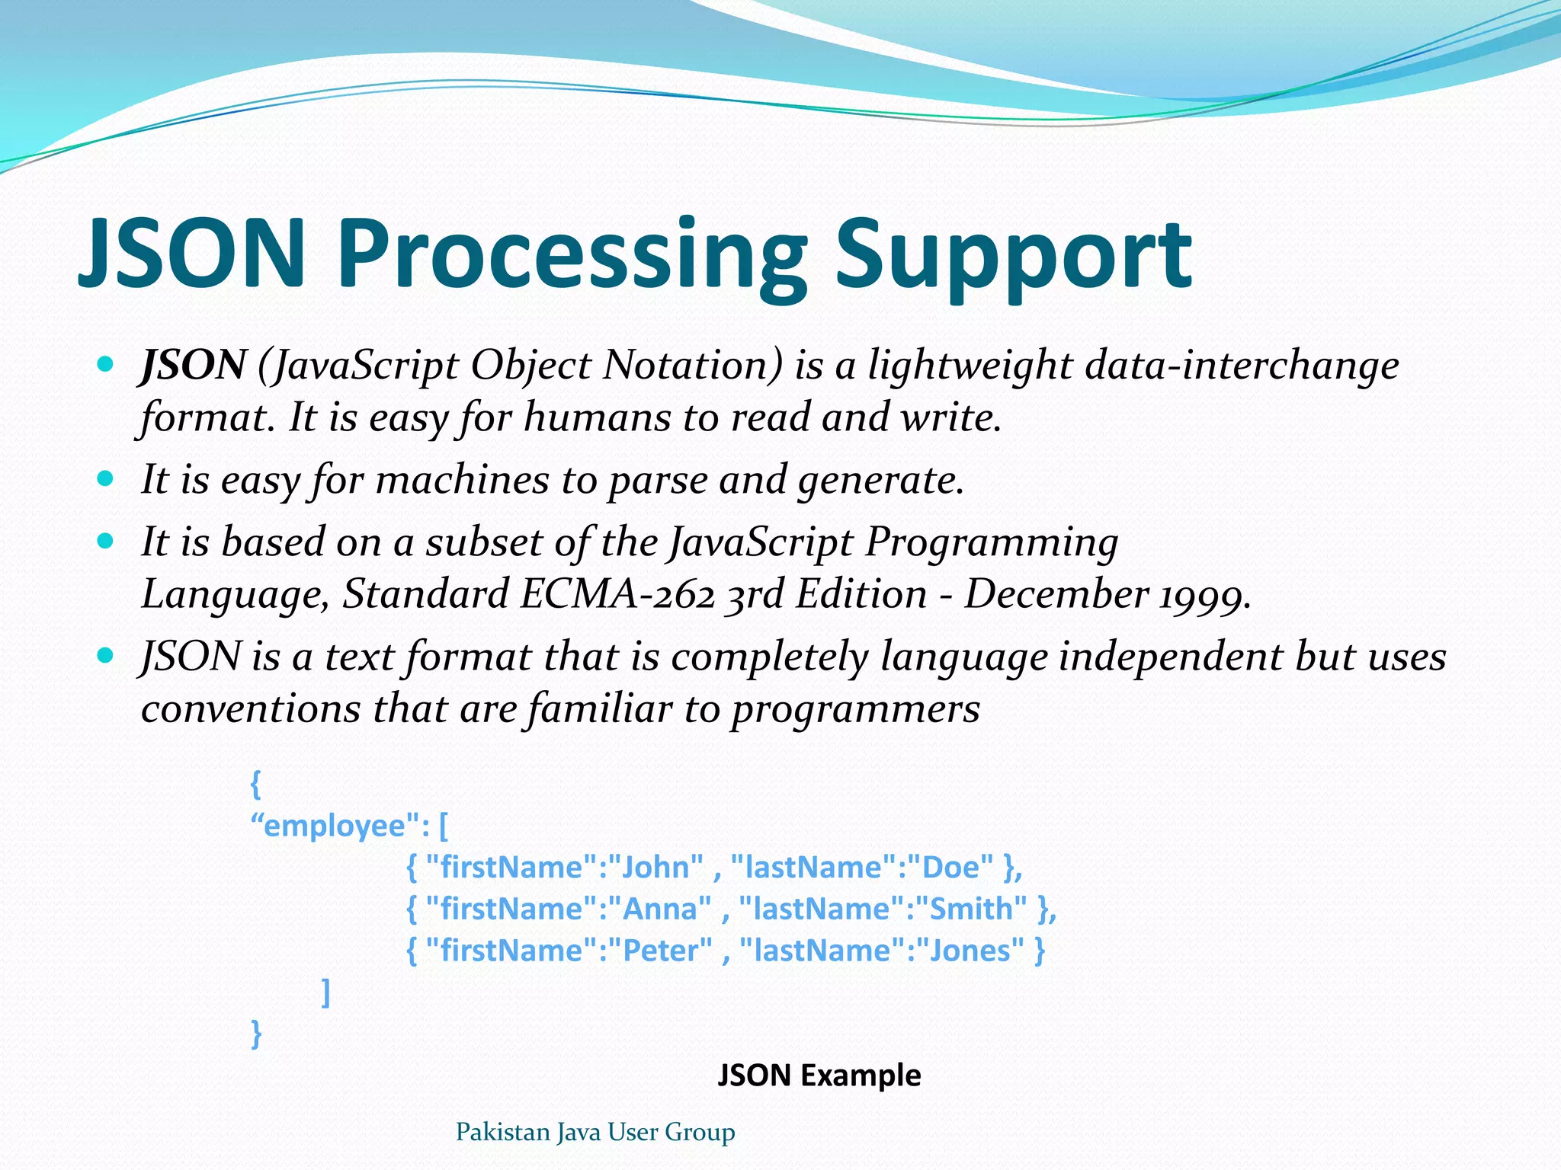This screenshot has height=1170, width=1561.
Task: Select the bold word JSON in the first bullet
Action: coord(194,365)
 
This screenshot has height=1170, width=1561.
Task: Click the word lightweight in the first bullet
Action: coord(970,365)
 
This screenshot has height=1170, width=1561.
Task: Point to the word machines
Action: coord(462,480)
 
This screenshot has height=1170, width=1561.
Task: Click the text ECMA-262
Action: coord(617,594)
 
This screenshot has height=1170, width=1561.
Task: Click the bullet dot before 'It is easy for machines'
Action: coord(106,479)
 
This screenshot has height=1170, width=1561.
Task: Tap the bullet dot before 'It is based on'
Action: coord(106,542)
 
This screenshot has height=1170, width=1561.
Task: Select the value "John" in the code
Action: coord(655,868)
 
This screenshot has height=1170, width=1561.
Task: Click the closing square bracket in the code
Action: coord(326,993)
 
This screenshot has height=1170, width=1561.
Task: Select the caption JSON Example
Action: coord(819,1076)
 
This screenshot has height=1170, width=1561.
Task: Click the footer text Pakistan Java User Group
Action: coord(595,1133)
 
